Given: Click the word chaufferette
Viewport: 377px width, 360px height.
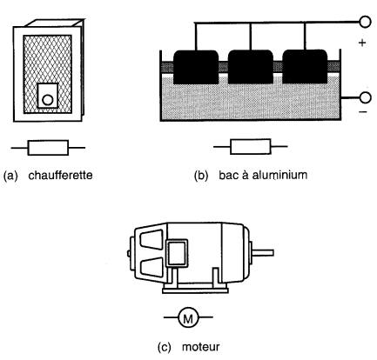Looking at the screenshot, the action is [60, 176].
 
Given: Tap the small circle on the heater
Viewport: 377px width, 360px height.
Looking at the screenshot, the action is [48, 100].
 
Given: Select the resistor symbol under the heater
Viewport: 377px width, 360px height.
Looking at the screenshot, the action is [48, 148].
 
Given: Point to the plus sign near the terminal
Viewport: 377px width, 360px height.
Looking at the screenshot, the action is [362, 43].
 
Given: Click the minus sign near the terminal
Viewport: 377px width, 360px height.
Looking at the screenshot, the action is [363, 112].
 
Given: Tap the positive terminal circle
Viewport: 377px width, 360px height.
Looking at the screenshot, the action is [365, 22].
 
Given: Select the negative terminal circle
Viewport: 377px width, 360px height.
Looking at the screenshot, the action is [365, 97].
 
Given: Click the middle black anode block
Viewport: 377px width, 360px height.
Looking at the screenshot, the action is [251, 67].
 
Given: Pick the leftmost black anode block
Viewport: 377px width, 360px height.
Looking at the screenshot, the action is [196, 67].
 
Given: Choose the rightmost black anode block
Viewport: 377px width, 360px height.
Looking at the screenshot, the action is [305, 67].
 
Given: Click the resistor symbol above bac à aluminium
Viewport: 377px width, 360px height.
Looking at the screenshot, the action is [251, 147].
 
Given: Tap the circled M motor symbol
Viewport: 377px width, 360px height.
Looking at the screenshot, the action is [188, 317].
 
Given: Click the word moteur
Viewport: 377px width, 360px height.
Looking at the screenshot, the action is [201, 347].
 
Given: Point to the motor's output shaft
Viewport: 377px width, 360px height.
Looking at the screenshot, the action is [263, 253].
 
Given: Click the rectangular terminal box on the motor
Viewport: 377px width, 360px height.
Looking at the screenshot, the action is [177, 253].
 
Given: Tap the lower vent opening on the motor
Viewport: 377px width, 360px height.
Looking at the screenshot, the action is [151, 267].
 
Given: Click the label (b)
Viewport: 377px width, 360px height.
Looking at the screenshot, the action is [201, 176].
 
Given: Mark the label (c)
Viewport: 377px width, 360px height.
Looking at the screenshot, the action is [165, 347].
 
